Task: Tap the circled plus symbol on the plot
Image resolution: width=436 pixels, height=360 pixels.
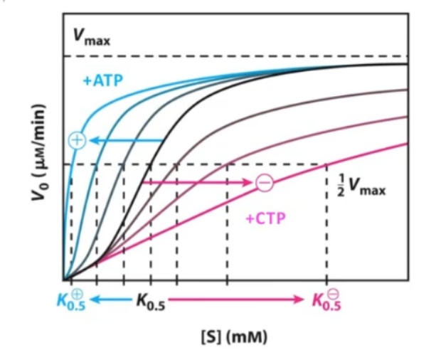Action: [x=76, y=140]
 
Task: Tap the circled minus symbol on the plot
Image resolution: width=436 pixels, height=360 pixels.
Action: [x=264, y=183]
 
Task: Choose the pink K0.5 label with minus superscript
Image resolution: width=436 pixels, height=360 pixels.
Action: [x=326, y=300]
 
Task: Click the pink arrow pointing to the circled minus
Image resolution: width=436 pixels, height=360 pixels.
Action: [x=199, y=183]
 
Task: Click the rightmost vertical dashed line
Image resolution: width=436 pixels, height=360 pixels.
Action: [x=326, y=228]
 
